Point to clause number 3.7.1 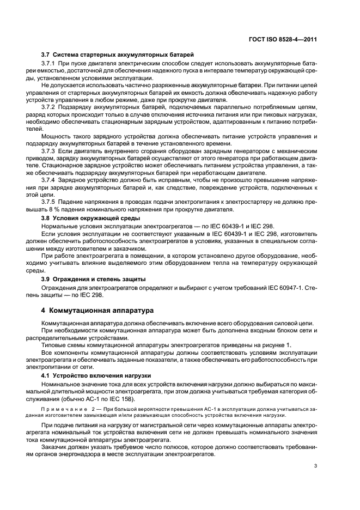[x=50, y=64]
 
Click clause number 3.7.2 [x=50, y=107]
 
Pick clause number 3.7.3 [x=50, y=150]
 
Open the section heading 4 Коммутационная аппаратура [x=98, y=310]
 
